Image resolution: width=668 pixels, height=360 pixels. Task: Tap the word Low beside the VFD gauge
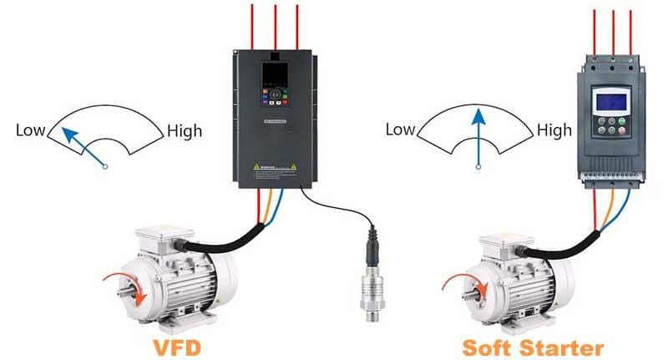coord(30,130)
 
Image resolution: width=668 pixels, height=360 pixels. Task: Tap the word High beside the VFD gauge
coord(185,130)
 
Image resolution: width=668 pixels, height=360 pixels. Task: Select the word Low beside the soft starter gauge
coord(399,129)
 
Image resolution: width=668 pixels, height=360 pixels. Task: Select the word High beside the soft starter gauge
coord(554,130)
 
